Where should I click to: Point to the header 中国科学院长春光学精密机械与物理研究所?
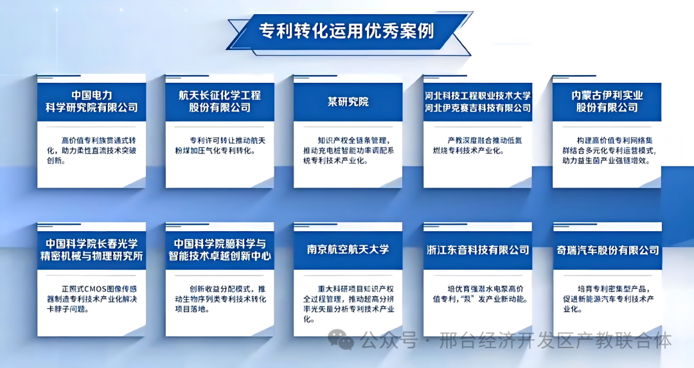pos(91,250)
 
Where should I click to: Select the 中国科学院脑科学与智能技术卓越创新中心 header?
pos(220,250)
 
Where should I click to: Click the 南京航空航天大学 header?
pos(348,249)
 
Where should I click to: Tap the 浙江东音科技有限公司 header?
pos(477,250)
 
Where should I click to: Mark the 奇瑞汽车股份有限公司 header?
pos(607,250)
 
